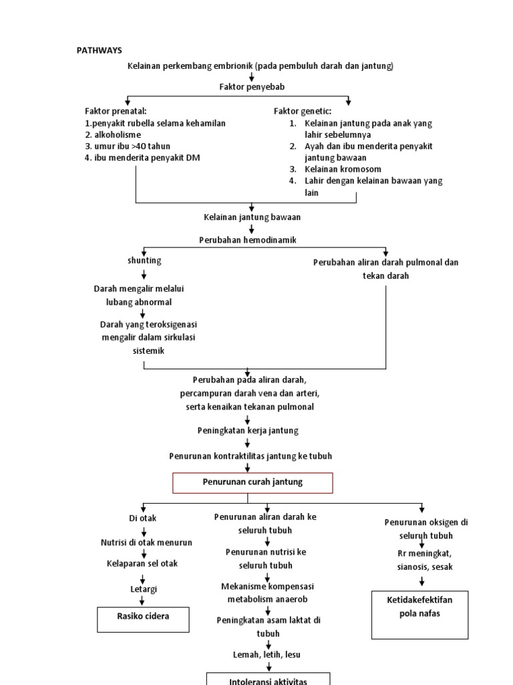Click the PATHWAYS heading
tap(99, 50)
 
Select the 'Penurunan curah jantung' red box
tap(252, 482)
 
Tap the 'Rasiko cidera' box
tap(143, 618)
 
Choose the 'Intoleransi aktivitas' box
tap(268, 679)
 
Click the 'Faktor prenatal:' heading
tap(116, 111)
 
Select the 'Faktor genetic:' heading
tap(303, 111)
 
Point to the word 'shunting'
tap(144, 260)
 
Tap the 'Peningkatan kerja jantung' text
tap(248, 430)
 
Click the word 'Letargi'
tap(144, 589)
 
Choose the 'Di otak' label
tap(143, 518)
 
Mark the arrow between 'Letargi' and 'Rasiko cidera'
tap(143, 601)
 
